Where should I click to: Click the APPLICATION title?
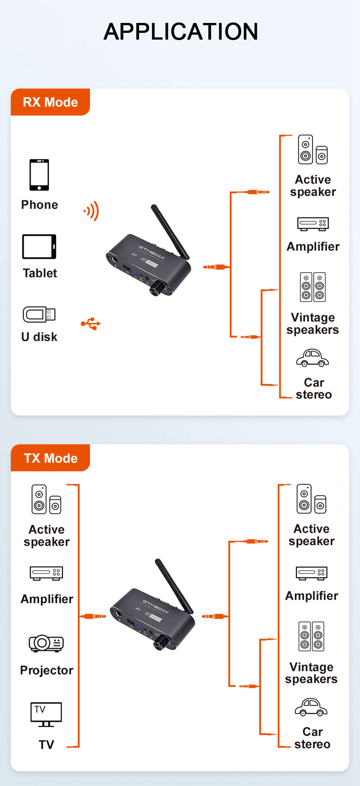(x=180, y=32)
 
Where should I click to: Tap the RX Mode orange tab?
(x=50, y=102)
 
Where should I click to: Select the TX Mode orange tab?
(x=50, y=458)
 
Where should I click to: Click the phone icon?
(x=39, y=175)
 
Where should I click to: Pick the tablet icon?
(x=39, y=246)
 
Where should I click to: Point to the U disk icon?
(x=39, y=314)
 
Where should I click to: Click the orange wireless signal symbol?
(x=91, y=211)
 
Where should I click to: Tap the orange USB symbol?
(x=91, y=323)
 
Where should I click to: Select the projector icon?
(x=46, y=643)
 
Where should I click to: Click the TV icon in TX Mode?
(x=46, y=714)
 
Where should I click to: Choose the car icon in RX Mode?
(x=312, y=358)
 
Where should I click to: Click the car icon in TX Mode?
(x=311, y=707)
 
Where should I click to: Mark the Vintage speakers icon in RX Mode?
(x=313, y=287)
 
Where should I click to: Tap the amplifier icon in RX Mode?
(x=313, y=224)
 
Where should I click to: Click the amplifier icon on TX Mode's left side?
(x=46, y=573)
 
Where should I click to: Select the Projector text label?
(x=46, y=670)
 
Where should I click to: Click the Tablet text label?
(x=40, y=273)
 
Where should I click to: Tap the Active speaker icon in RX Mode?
(x=313, y=149)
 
